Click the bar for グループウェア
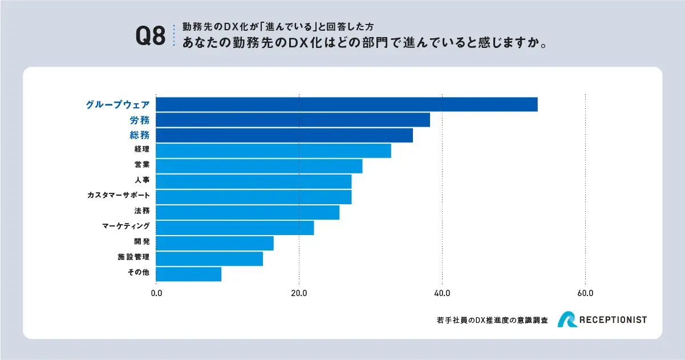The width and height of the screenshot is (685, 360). click(346, 104)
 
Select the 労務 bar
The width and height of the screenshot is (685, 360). click(293, 120)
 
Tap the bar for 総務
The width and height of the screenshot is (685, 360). click(284, 135)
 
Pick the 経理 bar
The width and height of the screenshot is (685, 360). click(273, 151)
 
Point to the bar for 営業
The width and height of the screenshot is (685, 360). click(259, 166)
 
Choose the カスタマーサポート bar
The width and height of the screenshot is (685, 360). click(253, 197)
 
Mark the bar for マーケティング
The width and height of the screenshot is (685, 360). click(234, 228)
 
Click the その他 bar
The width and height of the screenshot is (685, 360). click(188, 274)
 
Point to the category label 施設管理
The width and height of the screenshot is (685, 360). click(133, 257)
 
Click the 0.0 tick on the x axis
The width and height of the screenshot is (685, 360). click(156, 293)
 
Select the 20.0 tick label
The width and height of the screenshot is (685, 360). click(299, 293)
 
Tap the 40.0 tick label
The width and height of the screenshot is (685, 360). click(442, 293)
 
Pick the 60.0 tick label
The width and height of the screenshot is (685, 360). click(585, 293)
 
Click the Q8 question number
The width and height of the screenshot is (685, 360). click(150, 35)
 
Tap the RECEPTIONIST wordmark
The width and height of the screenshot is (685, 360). click(613, 320)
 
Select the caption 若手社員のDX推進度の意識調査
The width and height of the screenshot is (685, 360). click(491, 321)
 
